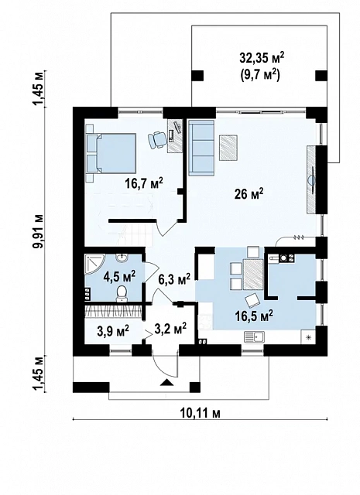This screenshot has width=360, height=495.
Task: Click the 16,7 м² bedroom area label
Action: point(143,183)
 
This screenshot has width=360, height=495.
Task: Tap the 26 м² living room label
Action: point(249,194)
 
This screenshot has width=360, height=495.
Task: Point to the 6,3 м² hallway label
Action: point(174,279)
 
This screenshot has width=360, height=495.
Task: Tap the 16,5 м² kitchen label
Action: point(254,315)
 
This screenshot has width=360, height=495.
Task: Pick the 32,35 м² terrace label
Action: point(262,58)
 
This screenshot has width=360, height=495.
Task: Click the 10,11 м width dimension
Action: point(200,412)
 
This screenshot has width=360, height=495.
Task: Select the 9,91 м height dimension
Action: point(40,231)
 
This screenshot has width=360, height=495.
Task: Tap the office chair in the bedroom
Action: point(156,140)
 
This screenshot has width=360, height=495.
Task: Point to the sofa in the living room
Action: point(201,147)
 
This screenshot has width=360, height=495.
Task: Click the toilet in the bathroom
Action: point(122,294)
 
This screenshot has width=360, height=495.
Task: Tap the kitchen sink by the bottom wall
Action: point(255,337)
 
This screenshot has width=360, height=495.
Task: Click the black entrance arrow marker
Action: point(166,383)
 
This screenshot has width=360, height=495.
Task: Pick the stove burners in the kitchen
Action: point(286,258)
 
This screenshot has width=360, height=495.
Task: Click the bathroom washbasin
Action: point(122,258)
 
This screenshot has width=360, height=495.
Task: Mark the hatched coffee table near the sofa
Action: point(228,148)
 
